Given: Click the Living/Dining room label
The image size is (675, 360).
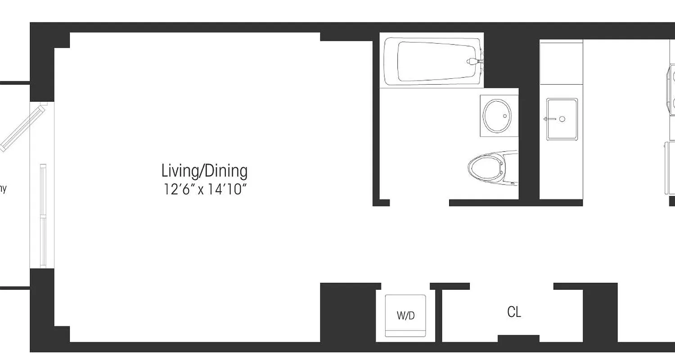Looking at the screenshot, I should (204, 171).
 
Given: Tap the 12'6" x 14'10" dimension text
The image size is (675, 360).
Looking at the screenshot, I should (206, 189).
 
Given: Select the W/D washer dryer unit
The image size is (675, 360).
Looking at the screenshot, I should (405, 315).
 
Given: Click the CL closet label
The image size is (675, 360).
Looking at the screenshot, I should (514, 312).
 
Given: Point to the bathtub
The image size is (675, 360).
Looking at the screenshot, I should (432, 62).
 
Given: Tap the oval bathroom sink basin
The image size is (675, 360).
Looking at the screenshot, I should (497, 116).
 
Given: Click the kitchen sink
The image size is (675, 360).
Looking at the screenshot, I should (562, 119).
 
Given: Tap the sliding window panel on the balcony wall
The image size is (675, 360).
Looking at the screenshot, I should (43, 216).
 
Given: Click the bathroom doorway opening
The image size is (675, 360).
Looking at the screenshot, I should (419, 202).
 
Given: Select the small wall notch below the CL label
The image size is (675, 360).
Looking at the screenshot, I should (518, 338).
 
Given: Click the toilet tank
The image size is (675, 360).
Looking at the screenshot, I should (511, 169).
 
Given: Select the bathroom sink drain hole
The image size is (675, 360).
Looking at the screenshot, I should (505, 116).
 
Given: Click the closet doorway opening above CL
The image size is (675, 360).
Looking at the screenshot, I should (511, 286).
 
